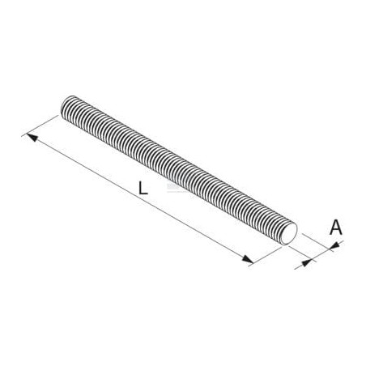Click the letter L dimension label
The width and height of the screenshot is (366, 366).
(143, 188)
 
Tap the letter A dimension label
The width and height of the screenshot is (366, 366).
(336, 227)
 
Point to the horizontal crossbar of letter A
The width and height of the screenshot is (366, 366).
(336, 230)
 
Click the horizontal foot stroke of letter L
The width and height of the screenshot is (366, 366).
(143, 194)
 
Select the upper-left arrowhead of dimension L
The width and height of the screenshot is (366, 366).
(32, 137)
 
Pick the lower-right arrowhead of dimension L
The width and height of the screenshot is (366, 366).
(248, 259)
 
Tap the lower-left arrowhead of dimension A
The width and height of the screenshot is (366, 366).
(306, 262)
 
